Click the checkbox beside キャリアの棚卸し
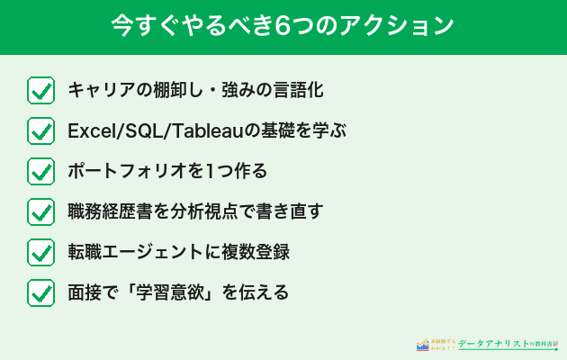coord(40,90)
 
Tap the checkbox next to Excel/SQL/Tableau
coord(40,130)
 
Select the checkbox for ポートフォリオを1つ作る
coord(40,171)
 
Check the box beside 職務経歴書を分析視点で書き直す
coord(40,211)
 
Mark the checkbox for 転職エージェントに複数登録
coord(40,252)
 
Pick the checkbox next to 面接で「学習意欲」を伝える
coord(40,292)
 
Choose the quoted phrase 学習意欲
coord(181,292)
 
